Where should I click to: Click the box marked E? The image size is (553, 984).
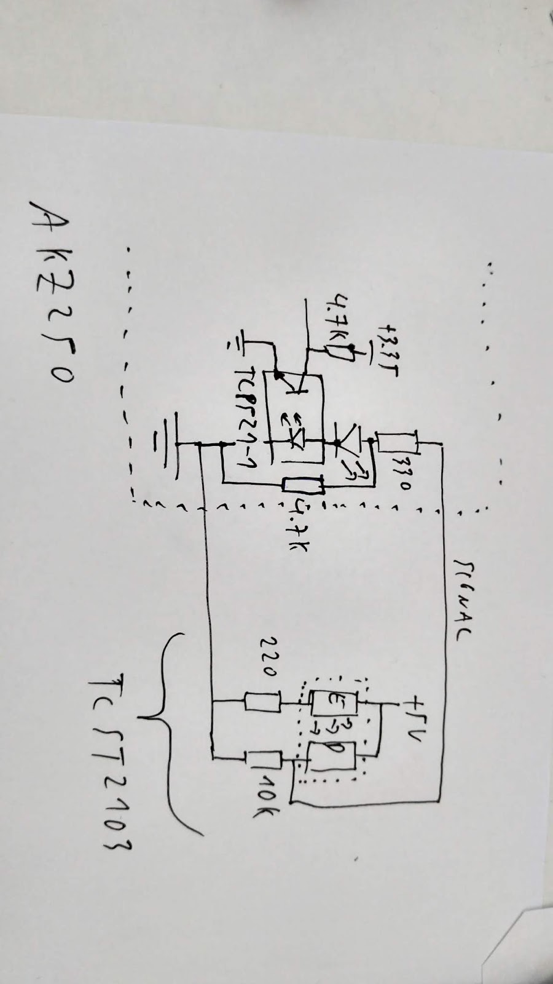[x=331, y=701]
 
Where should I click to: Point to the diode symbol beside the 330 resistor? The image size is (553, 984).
[x=344, y=443]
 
